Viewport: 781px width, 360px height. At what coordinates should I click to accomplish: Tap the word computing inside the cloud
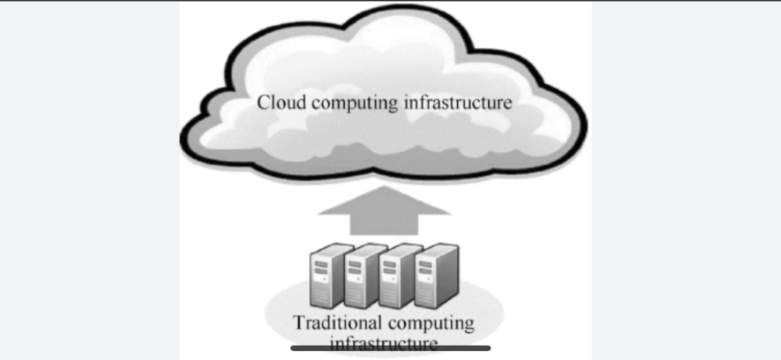point(349,103)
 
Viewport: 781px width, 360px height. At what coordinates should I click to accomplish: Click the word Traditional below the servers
point(333,322)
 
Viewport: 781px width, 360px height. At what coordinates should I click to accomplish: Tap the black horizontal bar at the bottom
point(390,349)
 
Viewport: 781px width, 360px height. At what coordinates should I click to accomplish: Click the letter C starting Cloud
point(263,102)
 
